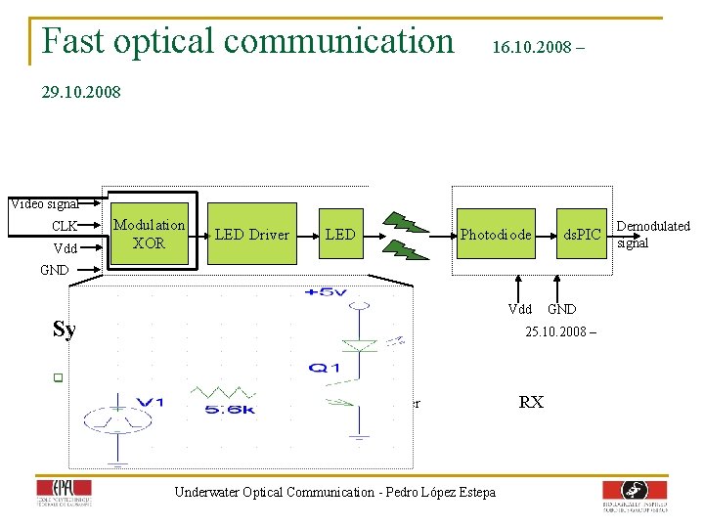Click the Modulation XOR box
[x=149, y=234]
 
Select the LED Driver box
[x=252, y=234]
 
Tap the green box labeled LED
[x=340, y=234]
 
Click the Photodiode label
[x=496, y=235]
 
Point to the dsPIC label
[x=582, y=235]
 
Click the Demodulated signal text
[x=652, y=234]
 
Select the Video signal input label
[x=44, y=204]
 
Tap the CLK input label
[x=65, y=227]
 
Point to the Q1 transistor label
[x=323, y=367]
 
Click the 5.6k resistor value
[x=231, y=410]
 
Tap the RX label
[x=531, y=402]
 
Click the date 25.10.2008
[x=554, y=331]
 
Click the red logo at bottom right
[x=635, y=495]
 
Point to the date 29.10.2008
[x=81, y=93]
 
